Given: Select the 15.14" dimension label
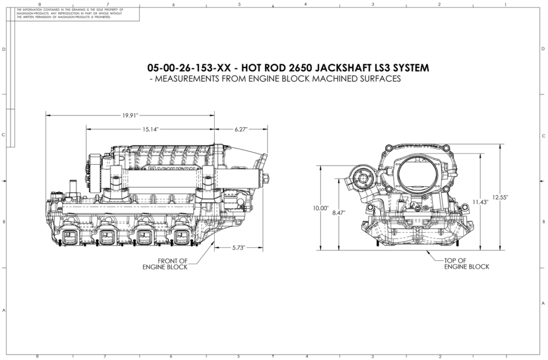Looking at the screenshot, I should point(150,129).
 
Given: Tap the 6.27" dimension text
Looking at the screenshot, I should point(241,129).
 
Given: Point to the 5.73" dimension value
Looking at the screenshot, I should point(239,248).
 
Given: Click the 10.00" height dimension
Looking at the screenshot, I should point(320,208).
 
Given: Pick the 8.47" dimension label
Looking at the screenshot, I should point(339,212).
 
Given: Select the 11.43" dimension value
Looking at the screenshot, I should point(479,202).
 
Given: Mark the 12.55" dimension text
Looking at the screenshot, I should point(500,197).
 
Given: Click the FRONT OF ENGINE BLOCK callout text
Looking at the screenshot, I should point(165,264).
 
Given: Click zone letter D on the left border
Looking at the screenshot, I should point(4,49).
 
